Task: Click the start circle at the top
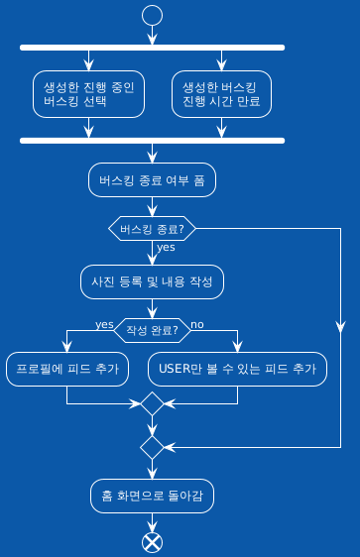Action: click(152, 14)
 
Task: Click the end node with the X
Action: click(152, 542)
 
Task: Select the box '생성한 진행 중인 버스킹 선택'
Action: click(88, 93)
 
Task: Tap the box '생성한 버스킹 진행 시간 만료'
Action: click(220, 93)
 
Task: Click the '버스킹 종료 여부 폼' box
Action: click(152, 181)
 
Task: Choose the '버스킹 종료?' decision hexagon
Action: click(152, 228)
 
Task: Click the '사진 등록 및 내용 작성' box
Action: click(152, 281)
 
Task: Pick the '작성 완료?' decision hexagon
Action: click(152, 328)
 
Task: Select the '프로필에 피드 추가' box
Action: click(66, 370)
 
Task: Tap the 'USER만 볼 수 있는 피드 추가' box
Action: click(237, 370)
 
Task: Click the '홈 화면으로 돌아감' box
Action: click(152, 495)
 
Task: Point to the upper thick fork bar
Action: click(152, 47)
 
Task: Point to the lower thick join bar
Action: click(152, 140)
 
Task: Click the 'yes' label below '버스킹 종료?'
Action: click(166, 248)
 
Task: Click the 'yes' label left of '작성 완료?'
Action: click(104, 324)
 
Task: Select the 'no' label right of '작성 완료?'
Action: click(197, 324)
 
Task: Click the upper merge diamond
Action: click(152, 403)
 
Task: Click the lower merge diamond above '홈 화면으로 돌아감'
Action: click(152, 447)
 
